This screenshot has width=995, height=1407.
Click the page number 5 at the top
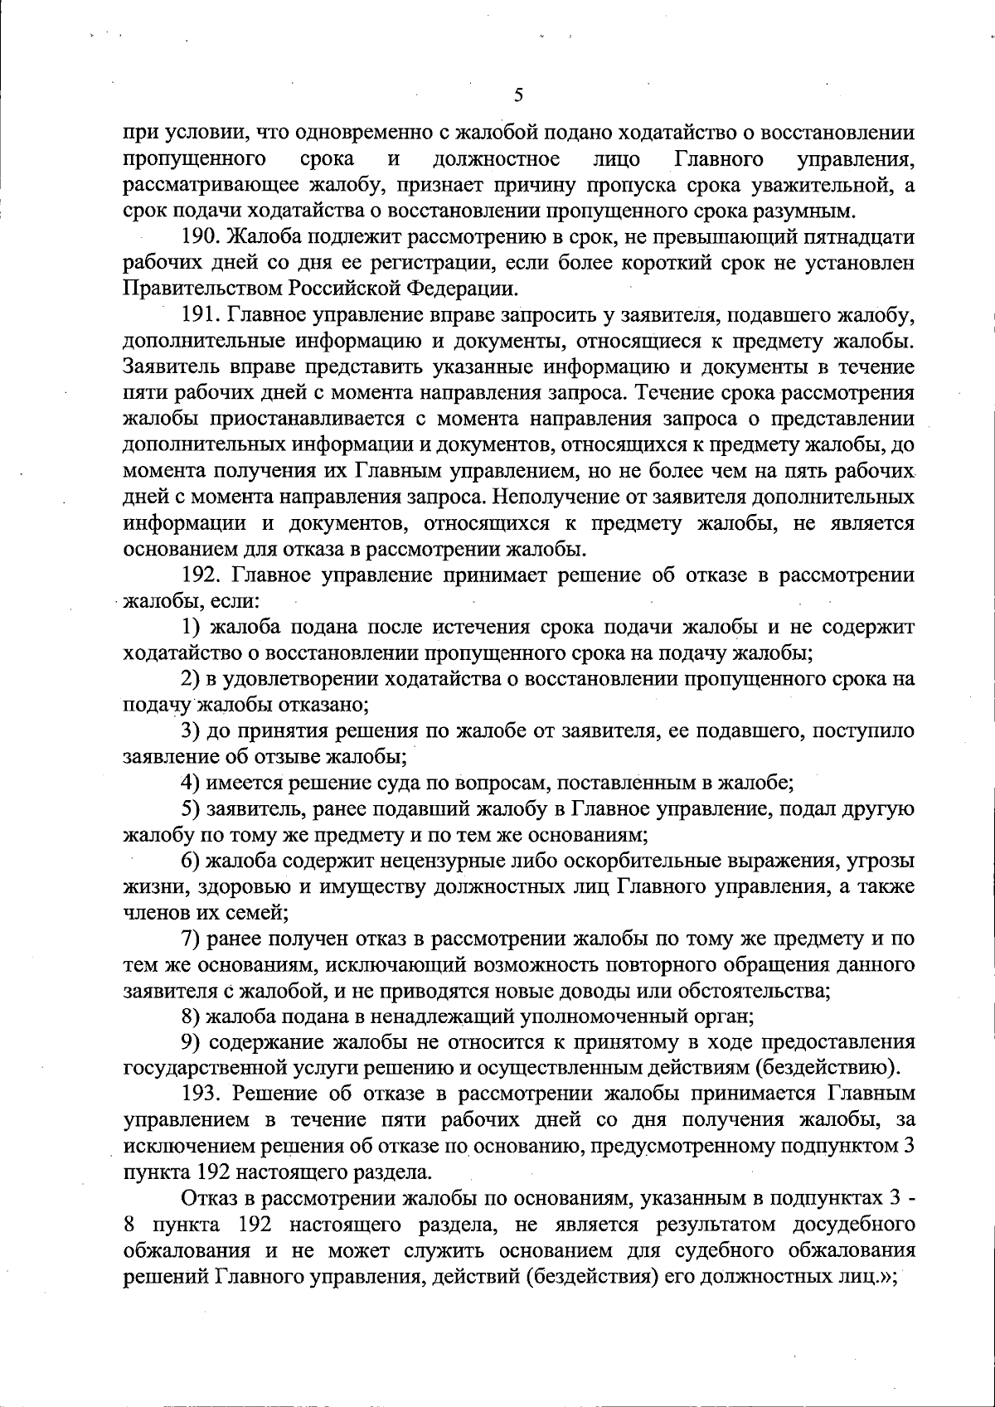click(517, 95)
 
